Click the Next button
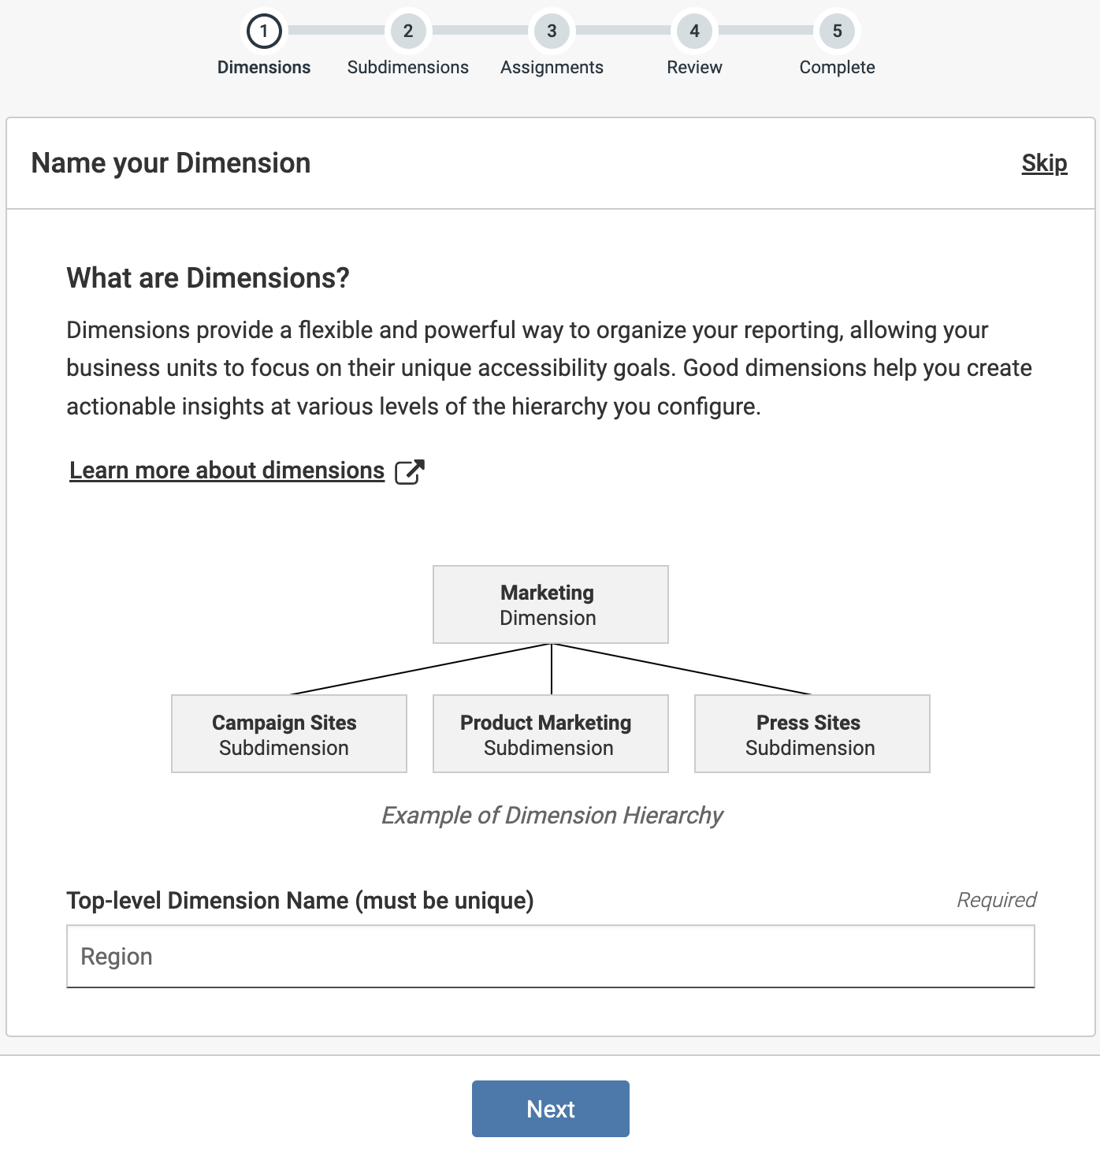coord(550,1108)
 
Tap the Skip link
coord(1044,163)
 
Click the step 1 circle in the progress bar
coord(264,32)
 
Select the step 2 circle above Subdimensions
coord(408,32)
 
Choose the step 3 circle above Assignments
coord(552,32)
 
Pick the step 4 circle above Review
coord(694,32)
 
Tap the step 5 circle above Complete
coord(837,32)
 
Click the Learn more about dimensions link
coord(227,470)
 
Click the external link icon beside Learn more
coord(410,471)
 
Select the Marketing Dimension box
coord(550,604)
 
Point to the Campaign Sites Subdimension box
coord(288,734)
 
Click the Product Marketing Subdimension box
coord(550,734)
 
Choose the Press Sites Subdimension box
coord(812,734)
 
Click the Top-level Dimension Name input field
coord(550,956)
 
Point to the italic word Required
coord(996,900)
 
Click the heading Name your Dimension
coord(171,163)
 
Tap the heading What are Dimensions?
coord(208,278)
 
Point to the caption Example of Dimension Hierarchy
coord(552,815)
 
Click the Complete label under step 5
coord(837,68)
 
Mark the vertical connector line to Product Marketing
coord(552,669)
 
